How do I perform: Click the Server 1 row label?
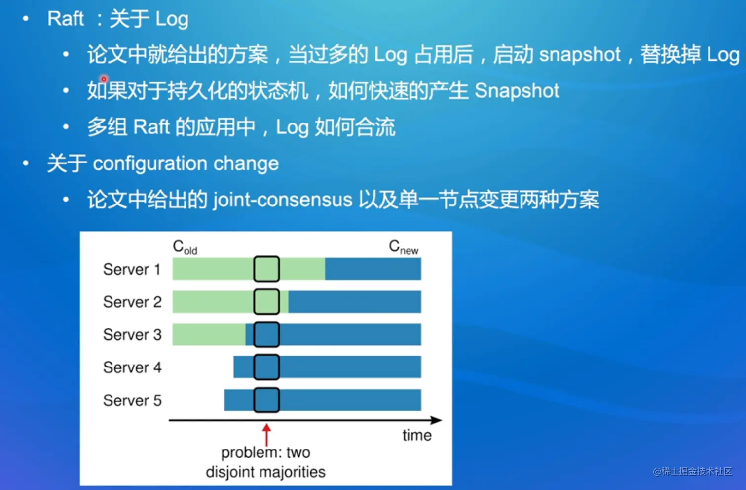tap(132, 269)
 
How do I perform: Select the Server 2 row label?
tap(132, 302)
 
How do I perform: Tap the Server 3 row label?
tap(132, 334)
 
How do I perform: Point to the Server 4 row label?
tap(132, 367)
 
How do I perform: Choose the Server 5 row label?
tap(132, 400)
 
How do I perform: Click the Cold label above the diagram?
tap(185, 247)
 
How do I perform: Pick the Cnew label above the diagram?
tap(403, 247)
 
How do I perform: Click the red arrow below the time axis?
tap(266, 435)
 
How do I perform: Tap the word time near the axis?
tap(417, 435)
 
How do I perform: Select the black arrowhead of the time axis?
tap(436, 420)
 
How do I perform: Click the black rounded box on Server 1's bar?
tap(266, 269)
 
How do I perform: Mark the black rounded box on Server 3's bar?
tap(266, 334)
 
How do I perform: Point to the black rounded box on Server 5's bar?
tap(266, 400)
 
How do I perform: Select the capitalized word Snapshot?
tap(517, 91)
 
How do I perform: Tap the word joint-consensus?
tap(282, 200)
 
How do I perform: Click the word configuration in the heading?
tap(150, 163)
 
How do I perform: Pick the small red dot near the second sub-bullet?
tap(104, 79)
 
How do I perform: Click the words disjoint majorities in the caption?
tap(265, 472)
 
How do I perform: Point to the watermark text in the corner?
tap(692, 471)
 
